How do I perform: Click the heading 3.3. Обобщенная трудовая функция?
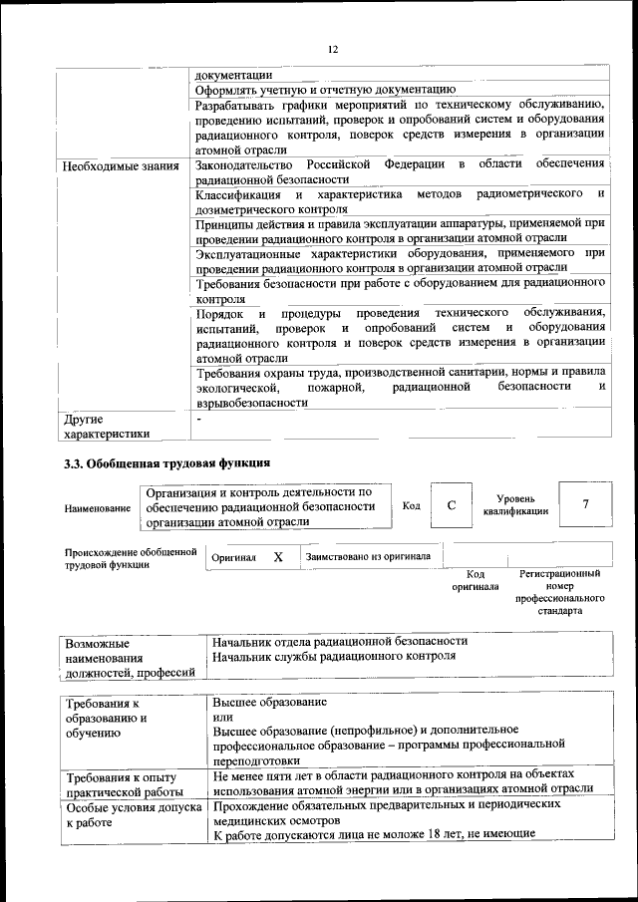click(x=166, y=463)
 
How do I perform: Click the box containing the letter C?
click(x=452, y=505)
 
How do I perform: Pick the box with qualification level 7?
click(x=585, y=505)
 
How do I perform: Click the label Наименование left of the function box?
click(x=98, y=508)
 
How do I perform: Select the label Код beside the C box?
click(x=412, y=506)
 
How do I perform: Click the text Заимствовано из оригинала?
click(x=368, y=557)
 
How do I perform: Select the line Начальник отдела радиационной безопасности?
click(x=339, y=641)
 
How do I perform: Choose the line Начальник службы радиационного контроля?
click(x=334, y=657)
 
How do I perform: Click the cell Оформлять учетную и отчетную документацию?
click(x=325, y=90)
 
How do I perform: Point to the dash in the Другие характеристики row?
click(x=199, y=420)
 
